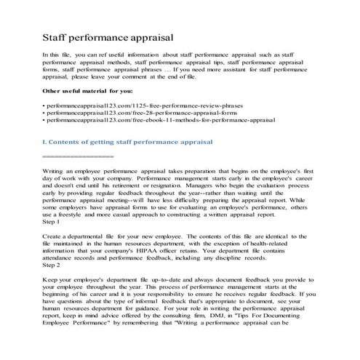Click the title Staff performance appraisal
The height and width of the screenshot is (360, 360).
108,34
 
